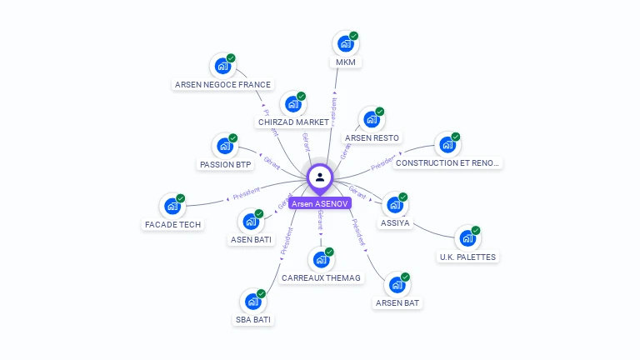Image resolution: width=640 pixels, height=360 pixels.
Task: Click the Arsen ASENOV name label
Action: (320, 203)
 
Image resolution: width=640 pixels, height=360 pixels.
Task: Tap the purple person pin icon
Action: (320, 177)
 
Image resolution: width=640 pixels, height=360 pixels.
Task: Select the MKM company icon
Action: (344, 43)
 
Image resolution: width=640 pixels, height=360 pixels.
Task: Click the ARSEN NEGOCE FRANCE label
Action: (222, 84)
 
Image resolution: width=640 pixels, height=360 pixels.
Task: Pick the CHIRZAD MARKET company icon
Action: (292, 104)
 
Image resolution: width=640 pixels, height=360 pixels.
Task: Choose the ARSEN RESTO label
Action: (372, 137)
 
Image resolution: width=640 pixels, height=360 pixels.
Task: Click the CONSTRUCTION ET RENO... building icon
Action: (447, 144)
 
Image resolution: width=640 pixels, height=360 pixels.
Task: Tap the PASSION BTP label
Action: (225, 164)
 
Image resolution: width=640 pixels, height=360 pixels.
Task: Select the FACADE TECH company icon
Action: (172, 206)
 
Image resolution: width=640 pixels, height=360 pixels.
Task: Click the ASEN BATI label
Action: (251, 240)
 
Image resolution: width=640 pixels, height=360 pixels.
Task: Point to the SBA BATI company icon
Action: (252, 301)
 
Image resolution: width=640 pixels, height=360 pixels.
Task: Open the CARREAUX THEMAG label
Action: (322, 277)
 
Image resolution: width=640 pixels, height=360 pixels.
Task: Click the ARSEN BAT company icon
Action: (397, 284)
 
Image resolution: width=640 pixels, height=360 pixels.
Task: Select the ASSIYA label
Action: (395, 223)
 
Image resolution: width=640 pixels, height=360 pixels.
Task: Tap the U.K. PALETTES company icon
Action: (467, 237)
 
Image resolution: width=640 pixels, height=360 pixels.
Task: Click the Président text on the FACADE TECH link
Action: (247, 194)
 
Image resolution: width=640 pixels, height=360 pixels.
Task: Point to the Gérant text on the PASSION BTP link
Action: (272, 162)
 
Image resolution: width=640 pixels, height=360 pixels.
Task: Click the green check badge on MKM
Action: (354, 36)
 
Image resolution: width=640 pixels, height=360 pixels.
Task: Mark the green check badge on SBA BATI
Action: (261, 293)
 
